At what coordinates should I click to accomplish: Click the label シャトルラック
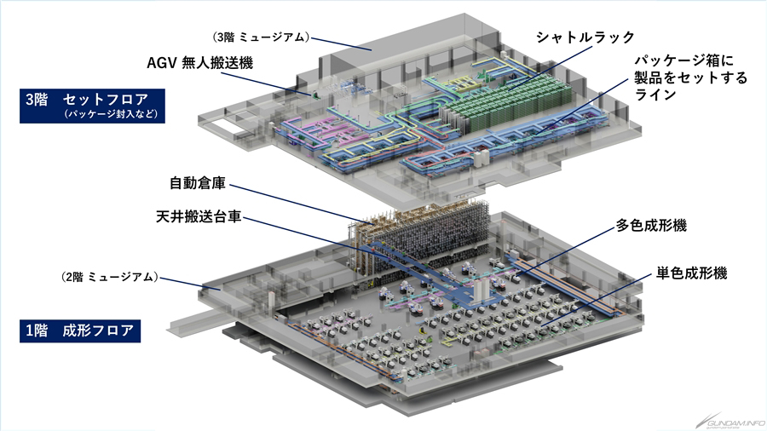(585, 37)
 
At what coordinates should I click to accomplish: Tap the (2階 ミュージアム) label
(109, 276)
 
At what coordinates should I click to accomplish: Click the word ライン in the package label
(650, 96)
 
